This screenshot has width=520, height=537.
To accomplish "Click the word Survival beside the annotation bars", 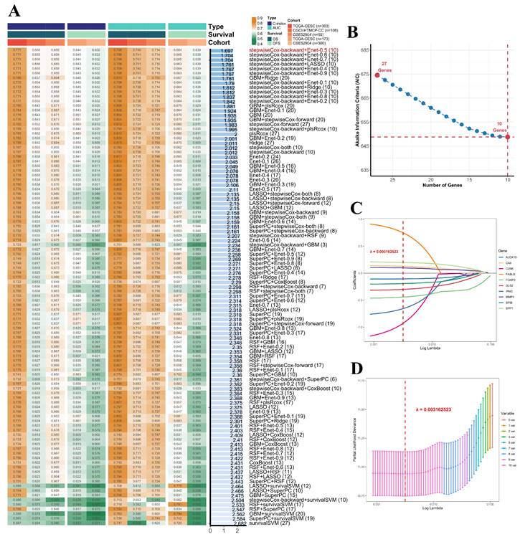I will [223, 34].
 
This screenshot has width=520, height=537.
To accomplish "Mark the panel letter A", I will [14, 10].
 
